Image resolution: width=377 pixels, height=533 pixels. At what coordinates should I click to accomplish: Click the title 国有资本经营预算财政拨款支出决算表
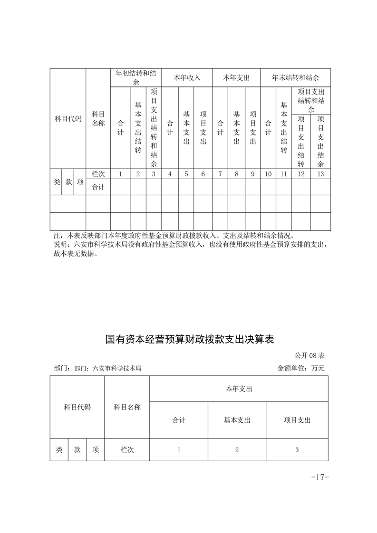tap(190, 340)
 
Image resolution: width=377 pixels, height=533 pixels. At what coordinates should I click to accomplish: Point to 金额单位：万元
tap(301, 368)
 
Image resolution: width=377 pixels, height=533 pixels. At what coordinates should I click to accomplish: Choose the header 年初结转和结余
tap(136, 77)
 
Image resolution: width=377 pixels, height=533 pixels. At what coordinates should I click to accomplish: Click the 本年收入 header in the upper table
tap(187, 77)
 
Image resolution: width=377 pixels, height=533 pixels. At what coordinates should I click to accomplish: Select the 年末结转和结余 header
tap(295, 77)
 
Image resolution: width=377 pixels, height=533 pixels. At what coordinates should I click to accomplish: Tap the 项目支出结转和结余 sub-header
tap(311, 100)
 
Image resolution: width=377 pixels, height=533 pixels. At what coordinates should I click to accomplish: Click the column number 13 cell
tap(320, 174)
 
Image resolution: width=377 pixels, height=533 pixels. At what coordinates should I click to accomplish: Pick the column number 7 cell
tap(220, 174)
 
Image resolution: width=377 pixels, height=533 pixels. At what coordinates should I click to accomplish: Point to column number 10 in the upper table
tap(268, 174)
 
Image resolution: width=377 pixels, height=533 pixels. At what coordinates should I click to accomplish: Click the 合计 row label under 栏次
tap(98, 187)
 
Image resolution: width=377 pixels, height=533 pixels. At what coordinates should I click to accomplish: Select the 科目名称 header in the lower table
tap(127, 407)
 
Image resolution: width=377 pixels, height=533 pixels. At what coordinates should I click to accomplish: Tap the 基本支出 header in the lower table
tap(237, 420)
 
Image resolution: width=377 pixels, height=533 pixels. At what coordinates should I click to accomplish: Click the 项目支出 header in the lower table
tap(297, 420)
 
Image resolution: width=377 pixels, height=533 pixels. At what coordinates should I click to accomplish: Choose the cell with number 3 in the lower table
tap(297, 449)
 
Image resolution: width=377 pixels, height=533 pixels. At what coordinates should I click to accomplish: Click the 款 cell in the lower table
tap(77, 449)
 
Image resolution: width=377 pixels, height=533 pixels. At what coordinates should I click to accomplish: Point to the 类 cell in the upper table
tap(56, 181)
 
